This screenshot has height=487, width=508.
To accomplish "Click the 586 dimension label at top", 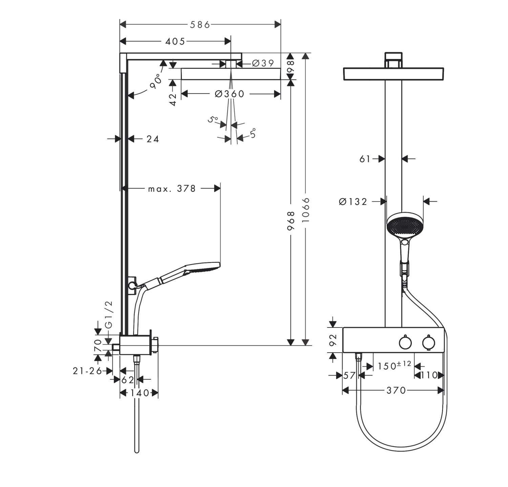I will pyautogui.click(x=200, y=25).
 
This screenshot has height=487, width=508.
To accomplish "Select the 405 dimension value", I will pyautogui.click(x=175, y=42).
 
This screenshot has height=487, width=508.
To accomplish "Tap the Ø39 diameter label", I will pyautogui.click(x=263, y=63).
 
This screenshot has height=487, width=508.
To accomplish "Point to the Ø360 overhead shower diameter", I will pyautogui.click(x=229, y=94).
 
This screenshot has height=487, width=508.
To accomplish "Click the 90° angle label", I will pyautogui.click(x=155, y=82).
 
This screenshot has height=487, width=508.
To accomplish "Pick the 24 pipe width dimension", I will pyautogui.click(x=153, y=139).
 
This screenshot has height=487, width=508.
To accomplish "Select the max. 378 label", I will pyautogui.click(x=172, y=189).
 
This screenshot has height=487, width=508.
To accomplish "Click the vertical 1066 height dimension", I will pyautogui.click(x=305, y=210).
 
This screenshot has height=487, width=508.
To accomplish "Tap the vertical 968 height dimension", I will pyautogui.click(x=291, y=221).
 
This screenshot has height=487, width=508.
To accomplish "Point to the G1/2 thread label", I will pyautogui.click(x=108, y=314).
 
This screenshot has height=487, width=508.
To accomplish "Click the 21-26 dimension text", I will pyautogui.click(x=87, y=371).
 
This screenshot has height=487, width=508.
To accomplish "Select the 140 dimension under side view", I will pyautogui.click(x=139, y=393).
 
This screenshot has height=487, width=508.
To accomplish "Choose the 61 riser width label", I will pyautogui.click(x=365, y=159).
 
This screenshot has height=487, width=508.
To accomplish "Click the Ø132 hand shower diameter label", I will pyautogui.click(x=353, y=202).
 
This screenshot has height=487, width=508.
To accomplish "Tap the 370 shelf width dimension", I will pyautogui.click(x=396, y=391).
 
